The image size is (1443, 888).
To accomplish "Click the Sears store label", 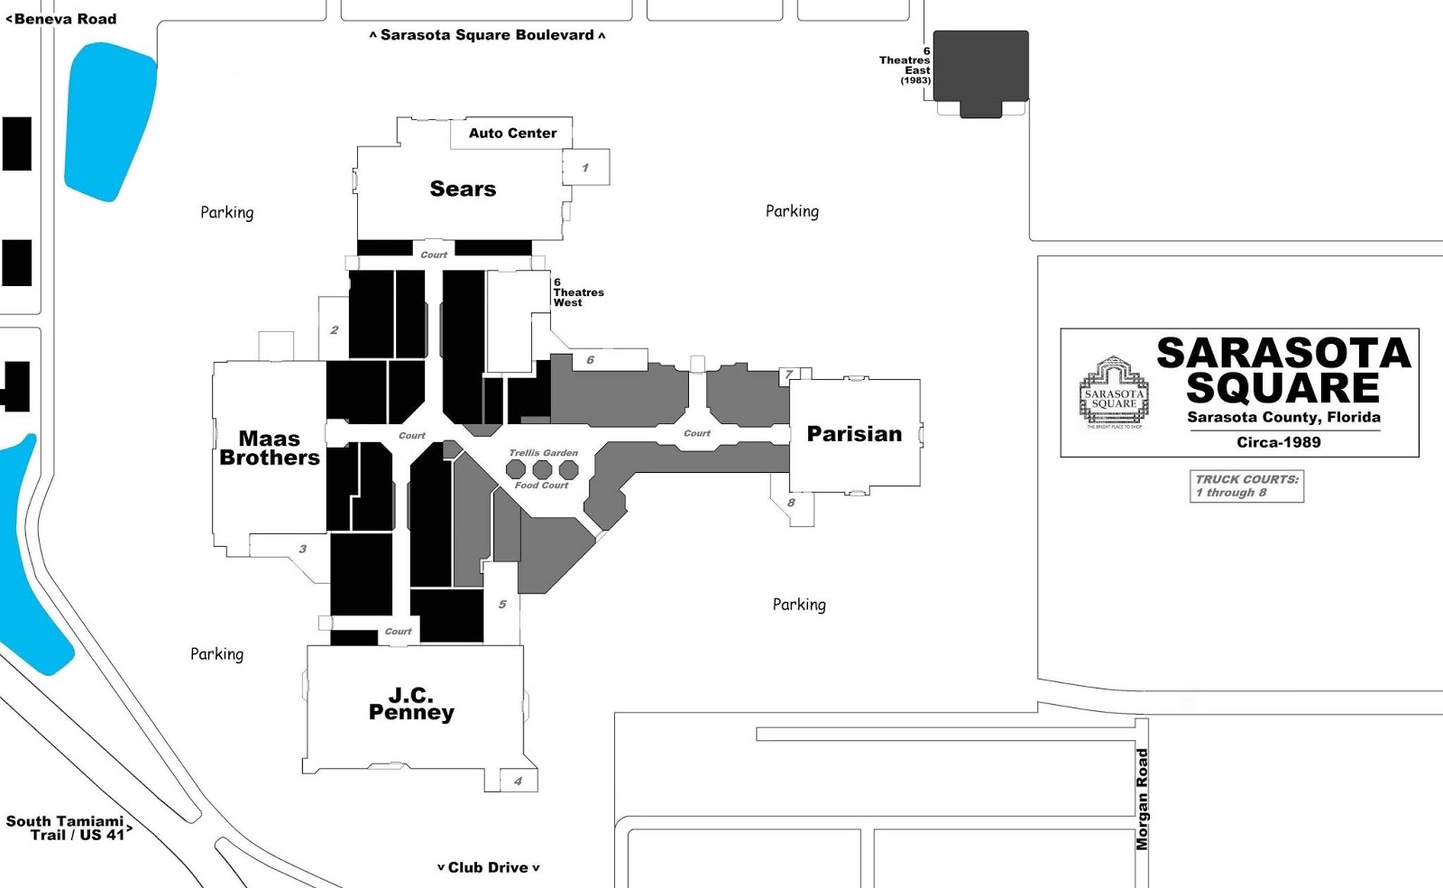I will pos(463,189).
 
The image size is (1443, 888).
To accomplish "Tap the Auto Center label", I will pos(512,133).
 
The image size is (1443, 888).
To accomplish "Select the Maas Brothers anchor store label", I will pos(270,448).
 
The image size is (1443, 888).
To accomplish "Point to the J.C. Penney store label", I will pos(411,704).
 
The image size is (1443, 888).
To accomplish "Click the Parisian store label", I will pos(854,434).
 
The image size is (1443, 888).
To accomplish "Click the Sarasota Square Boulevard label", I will pos(487,35).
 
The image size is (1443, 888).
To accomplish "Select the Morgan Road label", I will pos(1142,799).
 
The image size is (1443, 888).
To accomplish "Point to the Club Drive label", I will pos(488,867).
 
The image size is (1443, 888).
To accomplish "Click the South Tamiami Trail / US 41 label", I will pos(67,828).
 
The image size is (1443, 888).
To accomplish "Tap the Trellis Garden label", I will pos(543,453).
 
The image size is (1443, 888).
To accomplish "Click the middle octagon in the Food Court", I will pos(542,469).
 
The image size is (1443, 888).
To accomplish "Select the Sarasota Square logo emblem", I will pos(1114,393).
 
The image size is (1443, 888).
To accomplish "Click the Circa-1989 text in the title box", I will pos(1278,442).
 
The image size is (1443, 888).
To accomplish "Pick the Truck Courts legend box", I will pos(1246,486).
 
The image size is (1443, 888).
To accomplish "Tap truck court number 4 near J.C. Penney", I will pos(518,781).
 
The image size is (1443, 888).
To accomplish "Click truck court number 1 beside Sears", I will pos(585,168).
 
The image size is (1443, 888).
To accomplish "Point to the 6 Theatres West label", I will pos(577,292).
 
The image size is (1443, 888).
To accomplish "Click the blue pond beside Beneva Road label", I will pos(108,117).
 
